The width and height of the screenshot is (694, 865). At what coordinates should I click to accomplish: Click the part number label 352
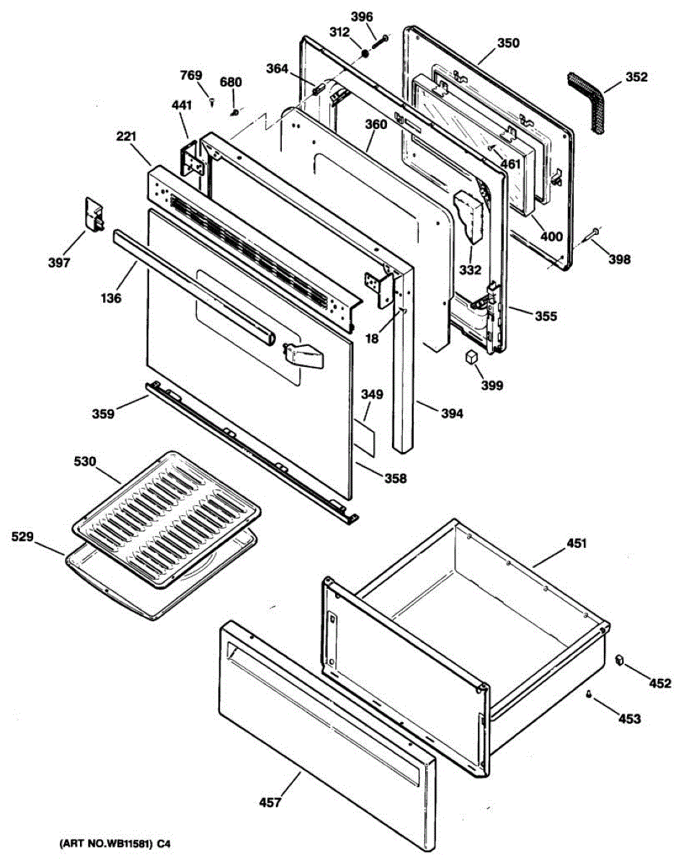click(636, 77)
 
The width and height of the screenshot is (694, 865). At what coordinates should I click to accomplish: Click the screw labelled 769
click(212, 102)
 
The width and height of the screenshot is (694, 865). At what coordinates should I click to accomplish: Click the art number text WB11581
click(117, 844)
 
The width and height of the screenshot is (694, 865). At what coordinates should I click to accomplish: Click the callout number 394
click(451, 414)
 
